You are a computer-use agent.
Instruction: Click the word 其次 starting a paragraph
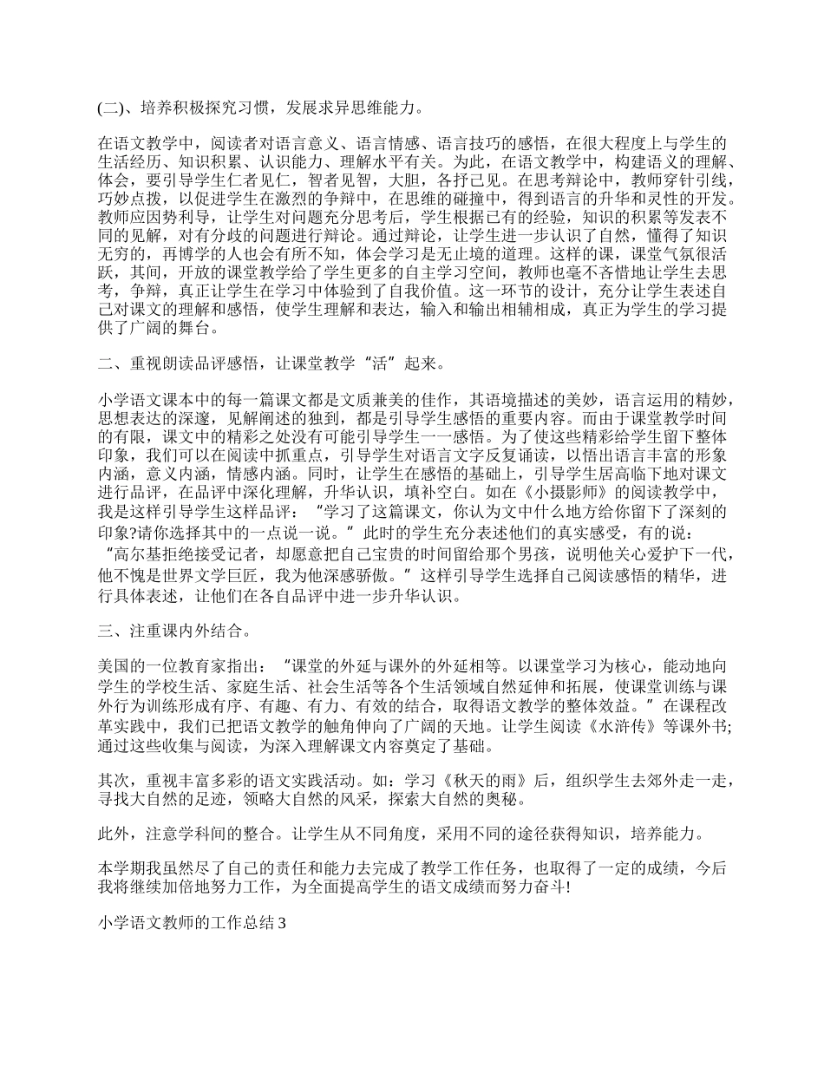(113, 781)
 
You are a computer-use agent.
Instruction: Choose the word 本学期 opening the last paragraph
(120, 870)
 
